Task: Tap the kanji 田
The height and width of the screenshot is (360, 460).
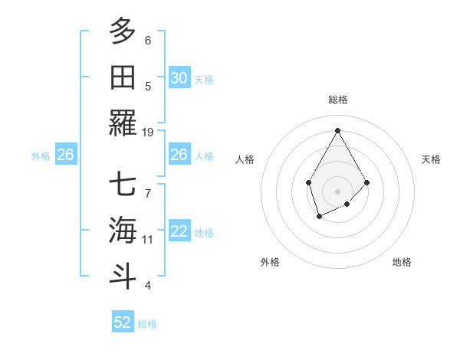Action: [123, 77]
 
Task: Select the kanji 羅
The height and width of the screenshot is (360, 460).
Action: [123, 123]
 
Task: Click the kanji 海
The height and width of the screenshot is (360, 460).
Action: [123, 230]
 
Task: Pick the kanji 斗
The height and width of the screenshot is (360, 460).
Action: [123, 276]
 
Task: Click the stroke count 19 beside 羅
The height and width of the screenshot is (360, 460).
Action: [148, 133]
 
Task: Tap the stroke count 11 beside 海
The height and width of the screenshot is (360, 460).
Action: [148, 240]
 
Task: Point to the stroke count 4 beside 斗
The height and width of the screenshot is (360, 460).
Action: [148, 286]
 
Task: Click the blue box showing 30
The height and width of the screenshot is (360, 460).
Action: [179, 78]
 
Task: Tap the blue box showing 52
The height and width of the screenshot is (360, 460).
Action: [123, 322]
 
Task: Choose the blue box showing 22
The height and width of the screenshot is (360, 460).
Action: [179, 231]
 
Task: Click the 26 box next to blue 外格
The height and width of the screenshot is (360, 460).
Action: [65, 155]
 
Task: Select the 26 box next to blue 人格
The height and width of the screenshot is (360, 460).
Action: [179, 155]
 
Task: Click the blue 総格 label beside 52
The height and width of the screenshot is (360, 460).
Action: [147, 324]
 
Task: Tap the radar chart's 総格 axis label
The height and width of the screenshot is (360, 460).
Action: [338, 100]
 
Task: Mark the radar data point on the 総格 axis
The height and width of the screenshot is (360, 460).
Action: [337, 130]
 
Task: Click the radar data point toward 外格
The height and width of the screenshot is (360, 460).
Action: [319, 218]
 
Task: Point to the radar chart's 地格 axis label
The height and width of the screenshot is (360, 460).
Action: [402, 262]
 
